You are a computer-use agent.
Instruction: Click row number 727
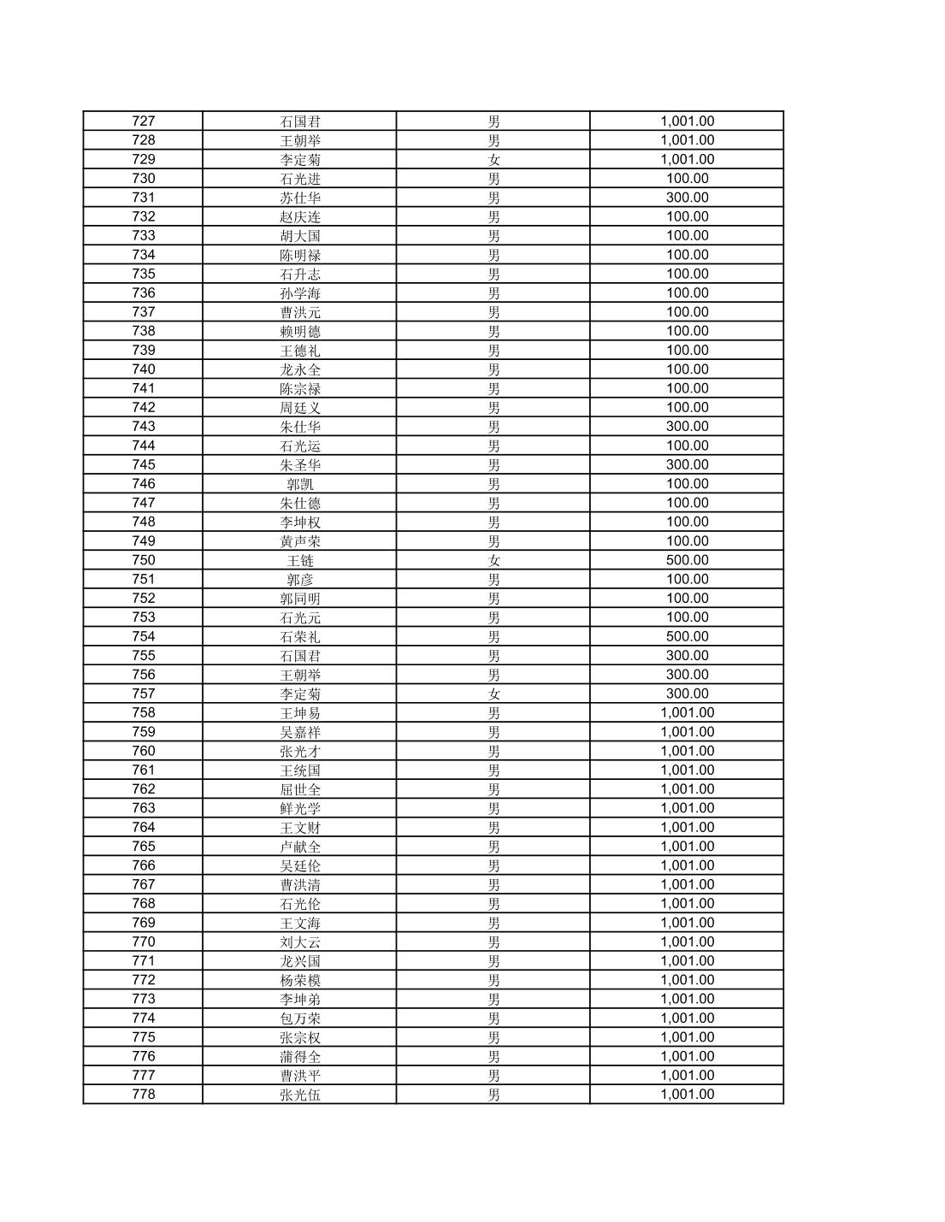pos(144,121)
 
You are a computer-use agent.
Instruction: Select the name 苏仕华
pos(300,198)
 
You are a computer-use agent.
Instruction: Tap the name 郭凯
pos(300,484)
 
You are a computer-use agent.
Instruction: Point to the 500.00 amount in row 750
pos(687,560)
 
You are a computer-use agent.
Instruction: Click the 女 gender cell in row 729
pos(493,160)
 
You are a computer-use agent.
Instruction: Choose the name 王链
pos(300,560)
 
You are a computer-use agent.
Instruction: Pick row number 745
pos(144,464)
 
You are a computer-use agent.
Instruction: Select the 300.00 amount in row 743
pos(687,427)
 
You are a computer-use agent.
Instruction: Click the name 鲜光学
pos(300,808)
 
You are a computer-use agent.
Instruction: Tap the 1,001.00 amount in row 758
pos(687,712)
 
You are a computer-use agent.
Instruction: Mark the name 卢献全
pos(300,847)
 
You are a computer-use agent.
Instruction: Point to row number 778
pos(144,1095)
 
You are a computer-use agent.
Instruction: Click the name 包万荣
pos(300,1018)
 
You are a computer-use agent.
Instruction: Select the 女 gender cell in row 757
pos(493,694)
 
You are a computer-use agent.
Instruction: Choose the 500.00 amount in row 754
pos(687,636)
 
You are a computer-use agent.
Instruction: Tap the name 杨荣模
pos(300,980)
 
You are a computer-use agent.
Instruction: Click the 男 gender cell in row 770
pos(493,942)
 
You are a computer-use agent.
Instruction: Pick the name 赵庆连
pos(300,216)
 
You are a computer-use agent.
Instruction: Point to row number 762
pos(144,789)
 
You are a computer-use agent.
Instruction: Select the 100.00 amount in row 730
pos(687,179)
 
